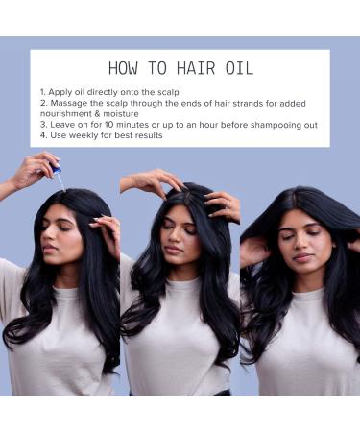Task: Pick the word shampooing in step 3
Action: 240,124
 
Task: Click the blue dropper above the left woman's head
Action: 56,170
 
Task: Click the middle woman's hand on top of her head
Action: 150,180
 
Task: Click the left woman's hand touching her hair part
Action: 104,227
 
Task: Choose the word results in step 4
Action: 142,135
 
